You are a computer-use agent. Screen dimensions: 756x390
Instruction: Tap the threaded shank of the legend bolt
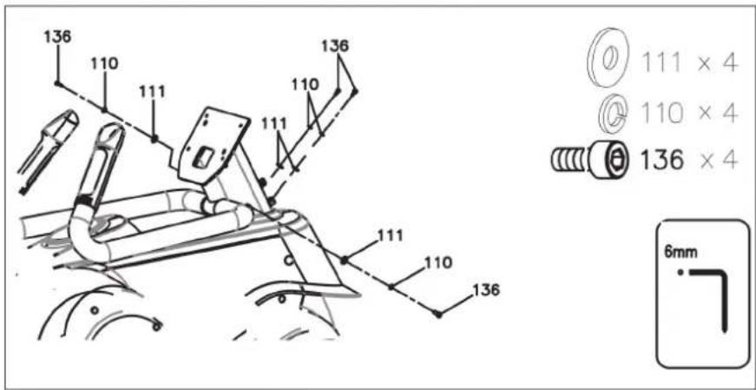(568, 160)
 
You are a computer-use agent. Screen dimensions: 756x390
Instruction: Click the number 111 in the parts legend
(661, 63)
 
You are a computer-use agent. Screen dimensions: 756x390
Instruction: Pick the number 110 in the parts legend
(661, 114)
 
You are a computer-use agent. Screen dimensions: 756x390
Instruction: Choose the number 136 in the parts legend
(661, 160)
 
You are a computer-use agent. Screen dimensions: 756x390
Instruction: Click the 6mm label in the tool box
(680, 253)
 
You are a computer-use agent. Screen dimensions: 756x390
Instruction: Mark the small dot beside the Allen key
(680, 273)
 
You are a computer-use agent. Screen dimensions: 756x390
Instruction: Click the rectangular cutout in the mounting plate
(203, 157)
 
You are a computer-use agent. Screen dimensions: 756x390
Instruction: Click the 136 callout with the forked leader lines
(335, 46)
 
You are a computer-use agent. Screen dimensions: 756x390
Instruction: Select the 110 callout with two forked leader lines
(305, 84)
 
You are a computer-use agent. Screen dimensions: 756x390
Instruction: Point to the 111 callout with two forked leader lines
(274, 123)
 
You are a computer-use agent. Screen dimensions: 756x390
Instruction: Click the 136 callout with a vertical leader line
(57, 36)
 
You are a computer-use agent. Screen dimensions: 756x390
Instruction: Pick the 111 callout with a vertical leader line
(152, 91)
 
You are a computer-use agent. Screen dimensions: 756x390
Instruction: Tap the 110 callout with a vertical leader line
(104, 63)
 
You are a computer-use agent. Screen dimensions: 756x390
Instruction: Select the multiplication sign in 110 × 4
(705, 114)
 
